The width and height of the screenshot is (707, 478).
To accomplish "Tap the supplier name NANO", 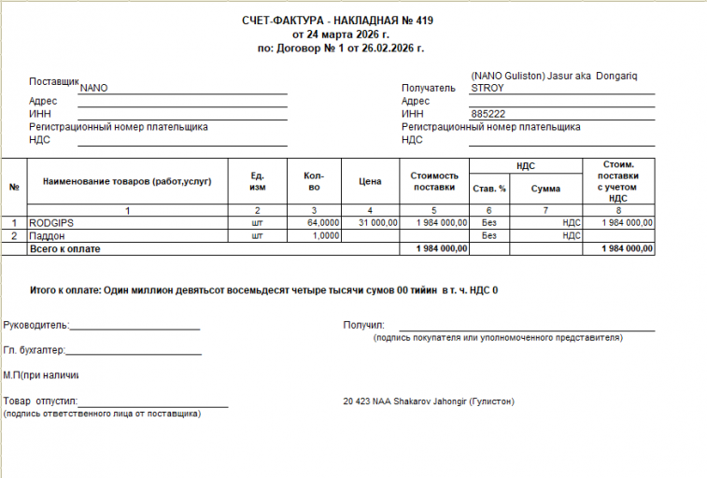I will pos(94,88).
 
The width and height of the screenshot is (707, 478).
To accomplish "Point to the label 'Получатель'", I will pos(429,89).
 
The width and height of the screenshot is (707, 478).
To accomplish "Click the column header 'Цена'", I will pos(371,181).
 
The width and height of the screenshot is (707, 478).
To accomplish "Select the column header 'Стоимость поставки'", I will pos(434,181).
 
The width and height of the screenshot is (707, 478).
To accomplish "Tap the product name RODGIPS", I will pos(51,223).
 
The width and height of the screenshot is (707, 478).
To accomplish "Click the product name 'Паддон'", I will pos(47,236).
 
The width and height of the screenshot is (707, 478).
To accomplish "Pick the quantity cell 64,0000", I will pos(323,223).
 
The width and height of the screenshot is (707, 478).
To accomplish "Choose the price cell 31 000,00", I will pos(378,223).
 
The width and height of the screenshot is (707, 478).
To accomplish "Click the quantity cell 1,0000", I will pos(326,236).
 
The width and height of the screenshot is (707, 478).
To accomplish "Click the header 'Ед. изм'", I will pos(258,181).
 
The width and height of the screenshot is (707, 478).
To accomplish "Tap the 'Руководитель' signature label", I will pos(35,325).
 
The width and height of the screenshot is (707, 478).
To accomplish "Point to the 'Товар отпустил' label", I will pos(35,401).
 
